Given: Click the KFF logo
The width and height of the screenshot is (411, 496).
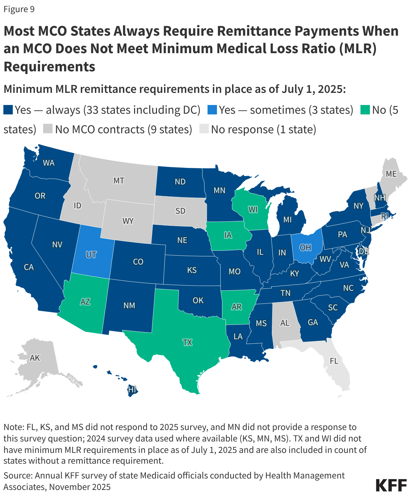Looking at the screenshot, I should (391, 485).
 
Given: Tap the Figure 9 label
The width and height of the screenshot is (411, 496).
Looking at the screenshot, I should (19, 9).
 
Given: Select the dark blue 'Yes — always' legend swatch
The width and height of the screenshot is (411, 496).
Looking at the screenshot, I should (8, 110).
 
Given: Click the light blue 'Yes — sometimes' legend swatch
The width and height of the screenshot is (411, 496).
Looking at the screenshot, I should (212, 110).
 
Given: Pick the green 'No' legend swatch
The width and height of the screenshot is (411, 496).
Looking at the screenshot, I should (366, 110).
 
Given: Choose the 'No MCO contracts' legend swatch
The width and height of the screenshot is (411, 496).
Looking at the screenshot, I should (48, 129).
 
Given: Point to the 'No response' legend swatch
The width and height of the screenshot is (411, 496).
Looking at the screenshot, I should (204, 129).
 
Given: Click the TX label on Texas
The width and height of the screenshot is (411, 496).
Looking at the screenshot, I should (187, 343).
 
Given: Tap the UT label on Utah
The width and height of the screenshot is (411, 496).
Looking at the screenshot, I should (91, 255).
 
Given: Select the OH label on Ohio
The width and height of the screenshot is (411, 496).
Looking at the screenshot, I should (305, 248).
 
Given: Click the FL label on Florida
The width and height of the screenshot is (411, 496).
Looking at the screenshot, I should (334, 361).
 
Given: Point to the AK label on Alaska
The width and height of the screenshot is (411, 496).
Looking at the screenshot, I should (35, 358).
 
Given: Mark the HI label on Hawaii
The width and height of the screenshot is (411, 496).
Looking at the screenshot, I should (132, 390).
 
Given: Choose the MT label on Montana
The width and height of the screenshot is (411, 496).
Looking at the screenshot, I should (119, 181).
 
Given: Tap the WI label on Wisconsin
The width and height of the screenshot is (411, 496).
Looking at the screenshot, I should (253, 210).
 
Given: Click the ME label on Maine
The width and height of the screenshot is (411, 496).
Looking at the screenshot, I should (391, 174).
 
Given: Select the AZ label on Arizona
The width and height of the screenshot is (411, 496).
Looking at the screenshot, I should (85, 302).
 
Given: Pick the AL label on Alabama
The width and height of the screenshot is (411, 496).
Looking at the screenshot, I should (285, 323).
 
